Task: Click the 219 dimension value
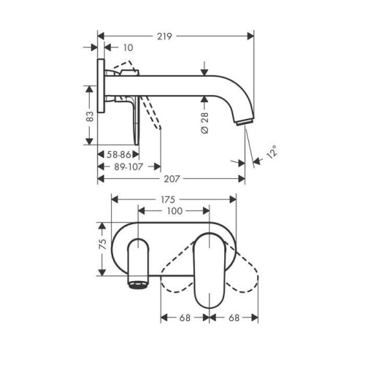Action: pyautogui.click(x=164, y=36)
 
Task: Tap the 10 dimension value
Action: pyautogui.click(x=128, y=47)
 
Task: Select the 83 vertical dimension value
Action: pyautogui.click(x=90, y=116)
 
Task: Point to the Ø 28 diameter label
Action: pyautogui.click(x=205, y=123)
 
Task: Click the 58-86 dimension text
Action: pyautogui.click(x=119, y=154)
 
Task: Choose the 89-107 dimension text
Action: pyautogui.click(x=128, y=166)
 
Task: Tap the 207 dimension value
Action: pyautogui.click(x=172, y=179)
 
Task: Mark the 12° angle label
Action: pyautogui.click(x=272, y=152)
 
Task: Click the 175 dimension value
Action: pyautogui.click(x=168, y=199)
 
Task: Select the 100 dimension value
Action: pyautogui.click(x=174, y=211)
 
